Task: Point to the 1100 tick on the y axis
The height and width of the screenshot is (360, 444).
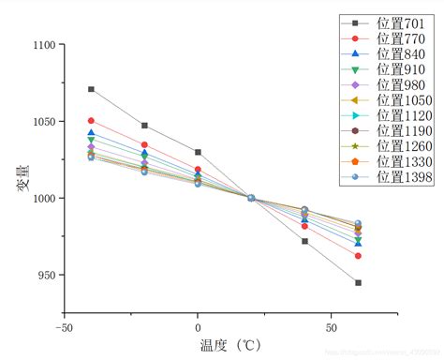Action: click(43, 44)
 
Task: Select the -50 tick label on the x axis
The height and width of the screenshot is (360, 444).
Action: click(64, 329)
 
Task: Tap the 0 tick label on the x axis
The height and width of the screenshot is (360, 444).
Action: click(198, 329)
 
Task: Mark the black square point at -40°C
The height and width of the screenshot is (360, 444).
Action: click(91, 89)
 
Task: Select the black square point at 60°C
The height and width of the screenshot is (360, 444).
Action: click(358, 282)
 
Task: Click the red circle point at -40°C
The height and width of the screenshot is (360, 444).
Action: click(91, 121)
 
